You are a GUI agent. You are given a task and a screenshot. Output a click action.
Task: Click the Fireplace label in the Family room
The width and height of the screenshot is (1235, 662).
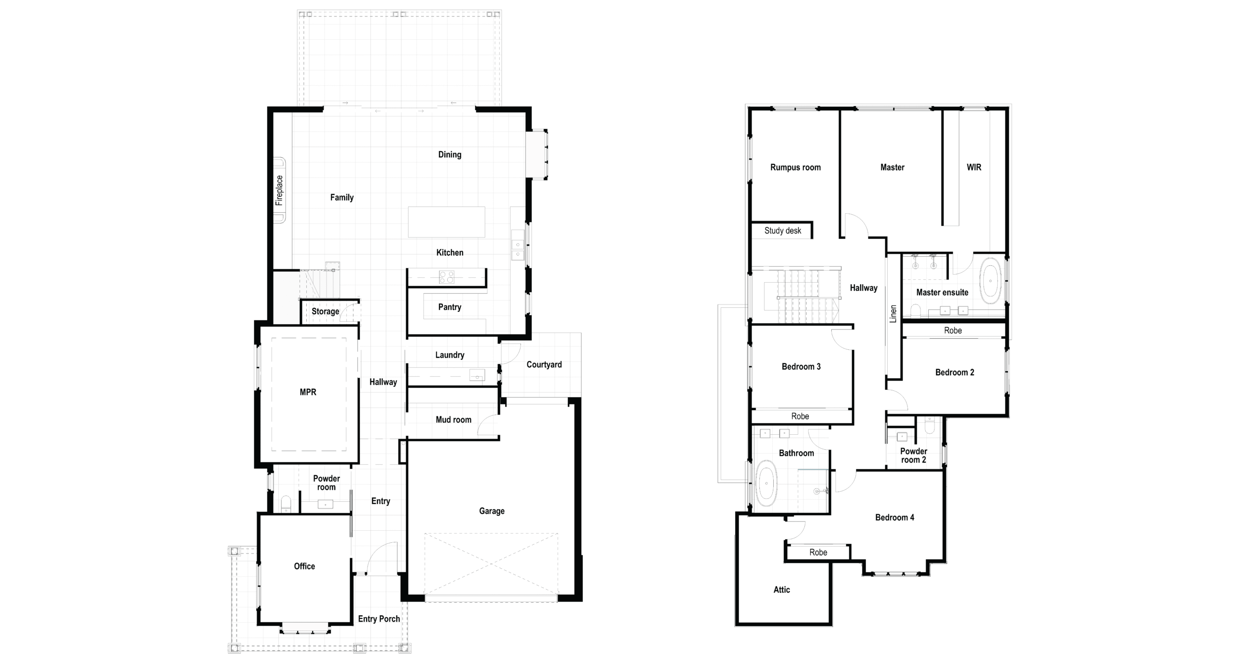click(x=279, y=191)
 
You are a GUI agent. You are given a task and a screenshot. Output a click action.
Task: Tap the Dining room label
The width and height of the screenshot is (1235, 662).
click(x=450, y=154)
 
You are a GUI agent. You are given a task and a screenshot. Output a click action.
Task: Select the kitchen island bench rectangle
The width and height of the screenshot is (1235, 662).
click(x=446, y=222)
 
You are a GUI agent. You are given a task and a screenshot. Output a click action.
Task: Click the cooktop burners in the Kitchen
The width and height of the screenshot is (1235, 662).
click(x=446, y=277)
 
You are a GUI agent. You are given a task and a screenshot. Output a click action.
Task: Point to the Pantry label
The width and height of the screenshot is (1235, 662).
click(x=450, y=307)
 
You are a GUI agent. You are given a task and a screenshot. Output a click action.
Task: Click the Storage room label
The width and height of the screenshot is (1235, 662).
click(x=325, y=311)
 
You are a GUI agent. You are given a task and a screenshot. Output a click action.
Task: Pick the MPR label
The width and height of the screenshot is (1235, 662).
click(x=308, y=392)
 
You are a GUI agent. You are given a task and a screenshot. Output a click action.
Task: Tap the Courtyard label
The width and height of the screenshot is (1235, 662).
click(x=544, y=364)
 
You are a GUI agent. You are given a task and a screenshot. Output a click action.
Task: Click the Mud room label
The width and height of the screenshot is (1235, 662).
click(x=453, y=420)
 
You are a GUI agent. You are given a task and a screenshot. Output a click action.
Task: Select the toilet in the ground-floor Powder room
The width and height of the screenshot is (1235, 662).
click(x=286, y=504)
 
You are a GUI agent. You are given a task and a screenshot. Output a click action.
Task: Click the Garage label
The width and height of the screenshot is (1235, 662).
click(x=492, y=511)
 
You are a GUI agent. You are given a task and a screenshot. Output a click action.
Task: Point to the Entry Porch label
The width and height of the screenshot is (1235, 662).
click(x=379, y=619)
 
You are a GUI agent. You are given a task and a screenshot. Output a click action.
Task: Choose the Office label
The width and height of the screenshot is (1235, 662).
click(x=304, y=566)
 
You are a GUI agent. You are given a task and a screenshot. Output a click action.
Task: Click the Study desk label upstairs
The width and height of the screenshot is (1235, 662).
click(x=782, y=231)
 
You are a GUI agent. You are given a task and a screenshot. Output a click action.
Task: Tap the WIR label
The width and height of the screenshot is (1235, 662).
click(x=974, y=167)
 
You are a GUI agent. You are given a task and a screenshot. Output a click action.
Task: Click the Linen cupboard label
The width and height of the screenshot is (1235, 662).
click(x=893, y=314)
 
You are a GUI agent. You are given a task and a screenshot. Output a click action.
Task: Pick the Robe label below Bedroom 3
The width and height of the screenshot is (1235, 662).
click(x=800, y=416)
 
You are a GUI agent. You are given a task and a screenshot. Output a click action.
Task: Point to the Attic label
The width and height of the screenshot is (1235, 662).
click(x=782, y=590)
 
